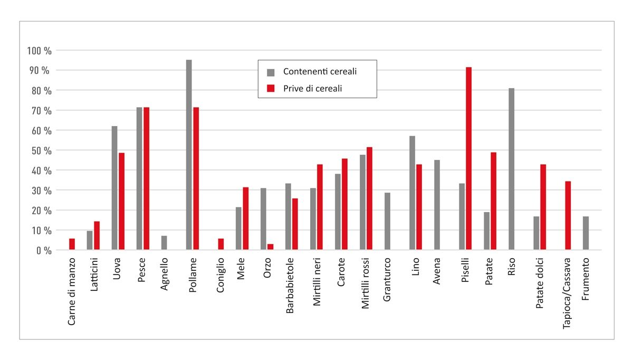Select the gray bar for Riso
coord(511,169)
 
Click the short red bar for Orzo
coord(270,247)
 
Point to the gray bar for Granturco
coord(388,221)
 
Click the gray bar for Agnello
coord(164,243)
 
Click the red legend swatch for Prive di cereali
coord(271,88)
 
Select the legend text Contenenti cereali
coord(323,71)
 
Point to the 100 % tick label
coord(40,51)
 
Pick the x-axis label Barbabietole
coord(290,286)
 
